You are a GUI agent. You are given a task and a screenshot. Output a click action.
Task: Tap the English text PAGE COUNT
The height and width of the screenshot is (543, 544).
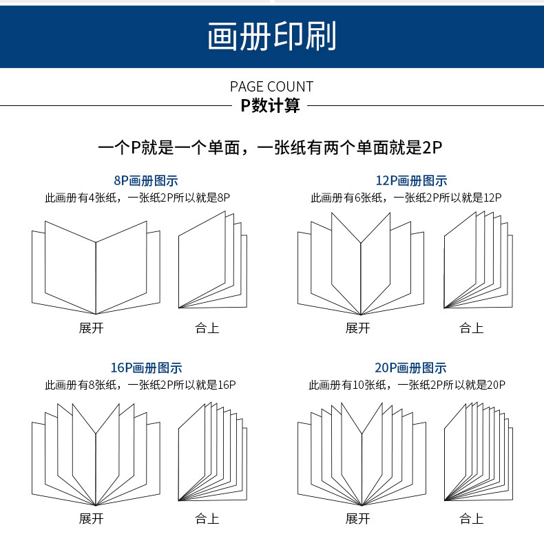(x=271, y=86)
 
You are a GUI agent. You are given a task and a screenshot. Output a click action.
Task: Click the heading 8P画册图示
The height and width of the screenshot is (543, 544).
(x=146, y=181)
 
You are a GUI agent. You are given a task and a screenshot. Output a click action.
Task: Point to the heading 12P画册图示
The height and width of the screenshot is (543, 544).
(x=411, y=181)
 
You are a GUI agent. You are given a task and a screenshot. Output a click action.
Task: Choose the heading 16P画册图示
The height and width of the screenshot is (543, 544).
(x=146, y=368)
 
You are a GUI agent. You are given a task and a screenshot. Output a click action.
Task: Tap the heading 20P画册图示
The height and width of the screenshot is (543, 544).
(x=411, y=368)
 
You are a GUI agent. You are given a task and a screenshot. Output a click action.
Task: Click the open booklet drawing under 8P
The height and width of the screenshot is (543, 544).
(x=95, y=265)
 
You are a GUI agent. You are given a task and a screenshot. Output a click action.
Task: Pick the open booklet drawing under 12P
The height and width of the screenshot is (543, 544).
(x=361, y=265)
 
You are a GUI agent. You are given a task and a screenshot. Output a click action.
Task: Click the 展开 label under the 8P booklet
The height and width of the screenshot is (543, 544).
(x=91, y=328)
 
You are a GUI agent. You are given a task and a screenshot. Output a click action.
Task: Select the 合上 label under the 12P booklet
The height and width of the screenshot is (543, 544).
(x=472, y=328)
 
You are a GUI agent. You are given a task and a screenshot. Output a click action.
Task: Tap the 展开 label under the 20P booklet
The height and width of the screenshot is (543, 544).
(x=357, y=518)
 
